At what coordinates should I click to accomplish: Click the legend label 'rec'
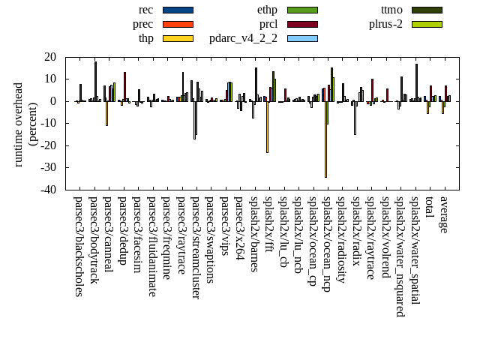(x=146, y=10)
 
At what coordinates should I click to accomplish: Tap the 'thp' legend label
(x=145, y=38)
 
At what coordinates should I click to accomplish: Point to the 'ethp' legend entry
(x=267, y=10)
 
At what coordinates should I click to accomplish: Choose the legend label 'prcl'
(x=268, y=24)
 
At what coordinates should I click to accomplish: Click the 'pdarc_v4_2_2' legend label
(x=243, y=38)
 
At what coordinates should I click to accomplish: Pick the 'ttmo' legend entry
(x=391, y=10)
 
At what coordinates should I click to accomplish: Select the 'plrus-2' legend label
(x=385, y=24)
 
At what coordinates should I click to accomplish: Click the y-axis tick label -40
(x=49, y=190)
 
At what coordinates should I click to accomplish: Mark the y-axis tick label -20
(x=49, y=145)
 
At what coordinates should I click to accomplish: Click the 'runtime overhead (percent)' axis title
(x=25, y=124)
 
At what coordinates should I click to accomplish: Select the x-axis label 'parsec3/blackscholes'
(x=79, y=246)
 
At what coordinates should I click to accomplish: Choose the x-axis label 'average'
(x=443, y=214)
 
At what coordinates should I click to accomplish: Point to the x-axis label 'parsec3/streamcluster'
(x=196, y=247)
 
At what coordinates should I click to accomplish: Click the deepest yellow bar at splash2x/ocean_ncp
(x=325, y=139)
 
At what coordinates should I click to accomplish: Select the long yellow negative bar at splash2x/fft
(x=267, y=127)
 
